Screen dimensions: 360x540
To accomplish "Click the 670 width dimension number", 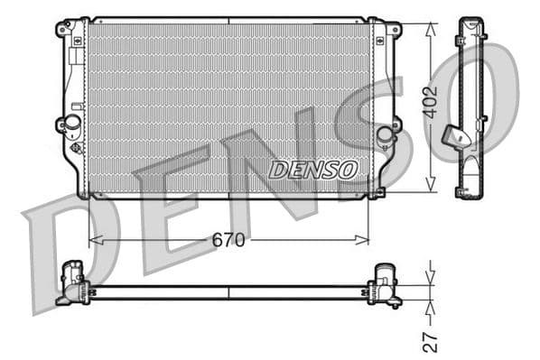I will pos(229,240).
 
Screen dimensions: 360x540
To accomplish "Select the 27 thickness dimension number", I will pos(431,341).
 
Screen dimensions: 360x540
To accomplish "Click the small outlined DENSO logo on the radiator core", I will pos(313,169).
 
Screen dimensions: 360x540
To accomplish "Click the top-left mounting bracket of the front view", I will pos(65,28).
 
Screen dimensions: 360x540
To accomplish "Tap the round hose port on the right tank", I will pos(386,134).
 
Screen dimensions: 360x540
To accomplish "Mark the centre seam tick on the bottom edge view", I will pos(228,292).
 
